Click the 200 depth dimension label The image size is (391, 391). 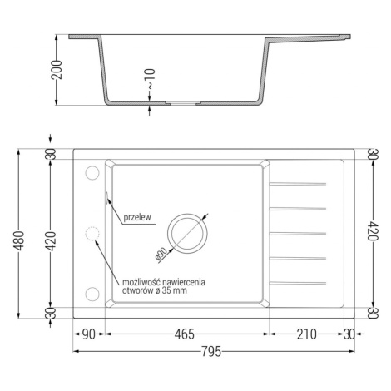coord(57,70)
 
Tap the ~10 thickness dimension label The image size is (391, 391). coord(150,79)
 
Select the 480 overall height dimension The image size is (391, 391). coord(20,240)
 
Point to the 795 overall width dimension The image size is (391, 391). coord(211,351)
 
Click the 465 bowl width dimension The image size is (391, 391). coord(185,334)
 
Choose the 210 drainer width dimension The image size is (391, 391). coord(306,334)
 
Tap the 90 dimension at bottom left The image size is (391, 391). coord(89,334)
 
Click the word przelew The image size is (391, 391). coord(137,217)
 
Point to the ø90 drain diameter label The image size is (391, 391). coord(161,254)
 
